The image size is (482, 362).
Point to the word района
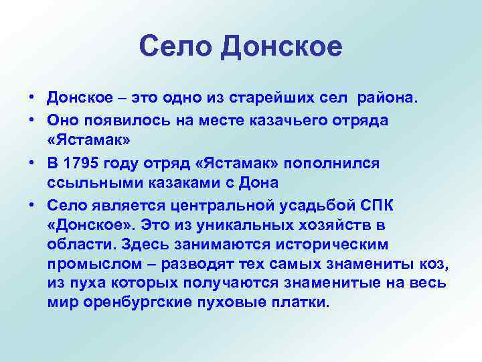[x=389, y=100]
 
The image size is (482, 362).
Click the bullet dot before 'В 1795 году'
[x=31, y=164]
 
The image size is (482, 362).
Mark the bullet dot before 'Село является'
[x=31, y=207]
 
